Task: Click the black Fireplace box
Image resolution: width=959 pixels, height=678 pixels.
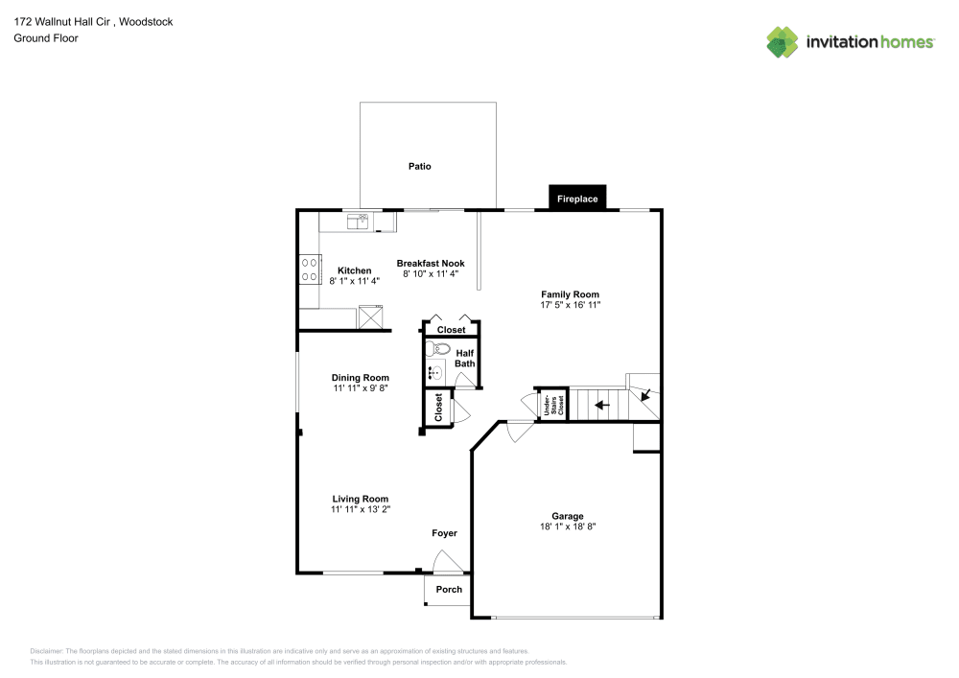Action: (577, 199)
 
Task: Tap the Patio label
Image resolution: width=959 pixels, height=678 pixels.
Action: (419, 166)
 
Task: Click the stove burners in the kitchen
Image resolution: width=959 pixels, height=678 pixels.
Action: (311, 269)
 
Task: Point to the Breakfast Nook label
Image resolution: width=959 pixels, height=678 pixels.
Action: (431, 263)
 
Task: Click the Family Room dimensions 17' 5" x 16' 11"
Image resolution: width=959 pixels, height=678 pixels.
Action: (570, 305)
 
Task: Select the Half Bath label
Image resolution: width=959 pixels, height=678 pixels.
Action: (464, 358)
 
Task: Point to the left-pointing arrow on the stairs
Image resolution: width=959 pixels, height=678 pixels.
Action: (601, 405)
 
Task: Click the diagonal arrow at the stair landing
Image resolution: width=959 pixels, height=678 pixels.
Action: (645, 392)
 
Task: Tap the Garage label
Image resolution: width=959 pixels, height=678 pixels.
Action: (567, 516)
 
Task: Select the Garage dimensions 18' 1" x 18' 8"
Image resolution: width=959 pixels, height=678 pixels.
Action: (567, 526)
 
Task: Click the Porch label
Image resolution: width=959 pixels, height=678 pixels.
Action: (449, 589)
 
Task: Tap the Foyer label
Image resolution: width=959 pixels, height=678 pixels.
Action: (444, 533)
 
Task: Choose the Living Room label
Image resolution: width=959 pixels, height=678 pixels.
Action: (361, 499)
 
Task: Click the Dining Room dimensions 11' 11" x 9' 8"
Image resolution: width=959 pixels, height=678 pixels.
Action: (361, 388)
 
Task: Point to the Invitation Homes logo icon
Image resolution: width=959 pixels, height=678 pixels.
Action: (783, 41)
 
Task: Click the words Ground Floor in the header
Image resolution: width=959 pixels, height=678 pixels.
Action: (46, 38)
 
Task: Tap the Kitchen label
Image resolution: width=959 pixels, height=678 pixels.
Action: (354, 270)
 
